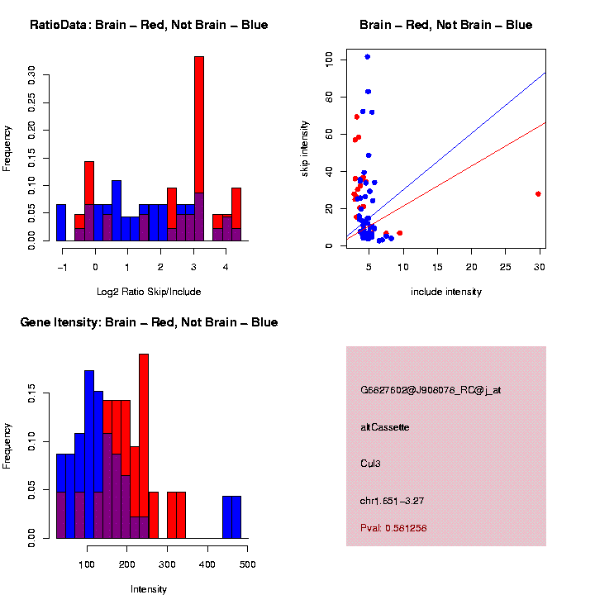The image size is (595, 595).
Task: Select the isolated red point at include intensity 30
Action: coord(538,193)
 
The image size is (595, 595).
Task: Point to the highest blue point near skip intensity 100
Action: coord(367,57)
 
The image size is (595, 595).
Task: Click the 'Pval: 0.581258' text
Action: coord(393,528)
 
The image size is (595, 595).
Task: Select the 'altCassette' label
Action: coord(384,427)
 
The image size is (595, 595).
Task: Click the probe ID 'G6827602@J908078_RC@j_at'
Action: coord(430,390)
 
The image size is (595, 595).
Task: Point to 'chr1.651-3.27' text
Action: coord(391,500)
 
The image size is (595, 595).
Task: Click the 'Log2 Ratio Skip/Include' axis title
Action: coord(149,291)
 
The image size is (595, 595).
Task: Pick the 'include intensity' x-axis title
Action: coord(445,291)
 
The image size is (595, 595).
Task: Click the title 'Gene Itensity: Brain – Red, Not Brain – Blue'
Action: coord(149,321)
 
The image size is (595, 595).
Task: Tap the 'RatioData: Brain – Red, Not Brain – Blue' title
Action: coord(149,25)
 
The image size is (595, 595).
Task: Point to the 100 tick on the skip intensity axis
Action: coord(330,59)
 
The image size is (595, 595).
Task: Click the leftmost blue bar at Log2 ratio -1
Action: coord(61,223)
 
